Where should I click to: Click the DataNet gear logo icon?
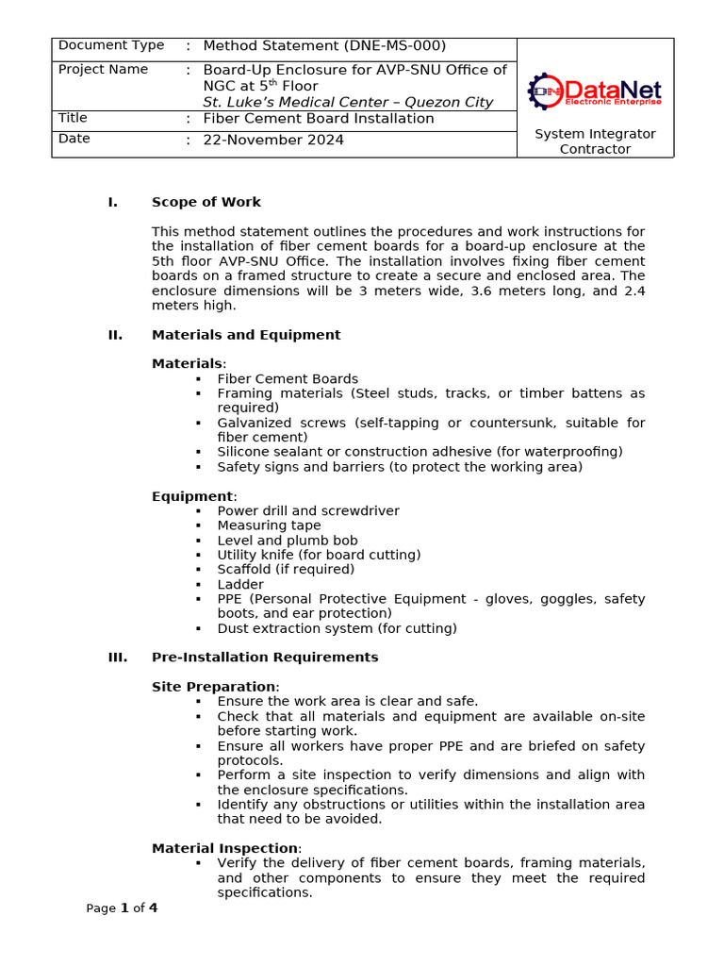tap(545, 92)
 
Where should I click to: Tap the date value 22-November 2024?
tap(273, 140)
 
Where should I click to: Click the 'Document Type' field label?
tap(111, 45)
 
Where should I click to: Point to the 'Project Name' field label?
tap(103, 70)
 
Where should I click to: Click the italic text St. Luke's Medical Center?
tap(347, 102)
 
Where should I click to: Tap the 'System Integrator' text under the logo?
tap(595, 134)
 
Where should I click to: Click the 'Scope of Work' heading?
tap(206, 202)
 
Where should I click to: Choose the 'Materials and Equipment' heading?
tap(246, 335)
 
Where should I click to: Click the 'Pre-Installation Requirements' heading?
tap(265, 658)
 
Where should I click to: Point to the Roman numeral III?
tap(118, 658)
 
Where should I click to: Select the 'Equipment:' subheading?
tap(194, 496)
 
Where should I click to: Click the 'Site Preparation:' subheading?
tap(215, 687)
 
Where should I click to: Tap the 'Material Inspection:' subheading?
tap(226, 849)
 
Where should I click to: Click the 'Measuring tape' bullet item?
tap(269, 525)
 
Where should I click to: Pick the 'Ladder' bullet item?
tap(240, 585)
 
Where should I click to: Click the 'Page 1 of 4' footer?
tap(122, 908)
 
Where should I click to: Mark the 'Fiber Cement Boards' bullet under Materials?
tap(288, 379)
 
